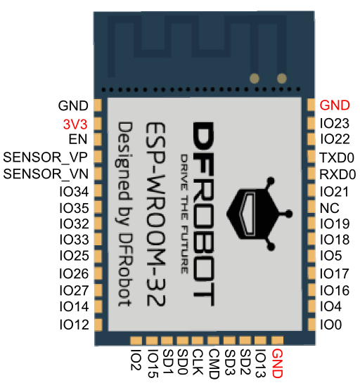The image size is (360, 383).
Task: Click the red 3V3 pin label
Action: [75, 124]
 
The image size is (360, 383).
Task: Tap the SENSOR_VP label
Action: [45, 157]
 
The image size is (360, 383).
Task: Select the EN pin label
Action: [78, 139]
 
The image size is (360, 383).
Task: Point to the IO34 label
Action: [74, 191]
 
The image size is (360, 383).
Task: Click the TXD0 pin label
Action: [337, 157]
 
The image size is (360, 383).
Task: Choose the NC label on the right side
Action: [330, 208]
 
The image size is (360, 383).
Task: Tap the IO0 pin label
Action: [330, 325]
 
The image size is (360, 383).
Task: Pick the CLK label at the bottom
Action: [198, 362]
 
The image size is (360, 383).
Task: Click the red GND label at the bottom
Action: [277, 363]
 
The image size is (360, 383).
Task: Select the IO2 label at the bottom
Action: [136, 359]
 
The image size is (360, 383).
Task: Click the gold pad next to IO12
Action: [98, 325]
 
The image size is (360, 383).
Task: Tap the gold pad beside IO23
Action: [311, 124]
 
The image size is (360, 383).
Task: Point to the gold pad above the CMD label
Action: [213, 340]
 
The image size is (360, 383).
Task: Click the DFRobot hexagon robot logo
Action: [259, 214]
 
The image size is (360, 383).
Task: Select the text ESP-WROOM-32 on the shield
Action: [155, 214]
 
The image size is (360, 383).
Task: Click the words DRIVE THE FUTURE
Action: [184, 214]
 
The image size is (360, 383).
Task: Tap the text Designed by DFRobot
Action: [124, 214]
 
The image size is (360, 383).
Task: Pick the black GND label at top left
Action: [73, 106]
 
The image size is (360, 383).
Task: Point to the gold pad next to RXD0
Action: [311, 174]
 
